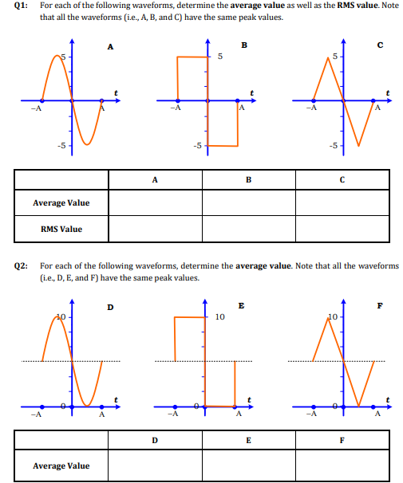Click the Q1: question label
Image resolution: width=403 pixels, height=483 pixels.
pos(18,6)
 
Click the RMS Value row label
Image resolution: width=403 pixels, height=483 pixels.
pos(61,230)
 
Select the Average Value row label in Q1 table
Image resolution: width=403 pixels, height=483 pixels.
pos(61,202)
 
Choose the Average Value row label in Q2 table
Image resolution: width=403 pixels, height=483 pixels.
pos(61,465)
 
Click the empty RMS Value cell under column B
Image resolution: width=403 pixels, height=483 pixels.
pos(248,230)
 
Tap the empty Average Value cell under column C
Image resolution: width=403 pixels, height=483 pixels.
pos(342,202)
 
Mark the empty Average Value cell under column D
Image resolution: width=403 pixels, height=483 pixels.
pos(155,465)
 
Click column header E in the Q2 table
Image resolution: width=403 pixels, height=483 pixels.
pos(248,439)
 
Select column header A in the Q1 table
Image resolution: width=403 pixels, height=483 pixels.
pos(155,179)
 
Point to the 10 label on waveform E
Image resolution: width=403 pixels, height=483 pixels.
pos(220,316)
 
